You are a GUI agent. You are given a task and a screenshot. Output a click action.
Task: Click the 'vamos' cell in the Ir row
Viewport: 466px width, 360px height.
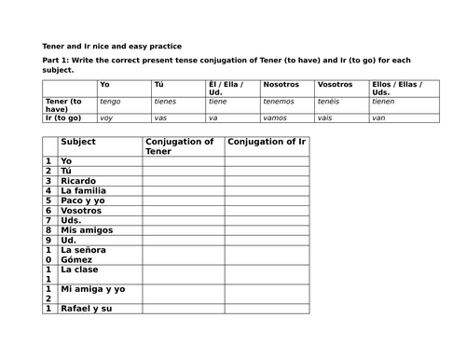pyautogui.click(x=277, y=118)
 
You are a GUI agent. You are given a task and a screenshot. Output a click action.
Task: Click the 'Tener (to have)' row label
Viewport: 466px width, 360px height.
pyautogui.click(x=63, y=104)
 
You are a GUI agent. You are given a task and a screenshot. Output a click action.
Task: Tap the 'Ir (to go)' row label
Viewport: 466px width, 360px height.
pyautogui.click(x=63, y=118)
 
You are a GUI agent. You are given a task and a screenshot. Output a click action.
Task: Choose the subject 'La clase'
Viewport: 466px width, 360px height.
pyautogui.click(x=80, y=270)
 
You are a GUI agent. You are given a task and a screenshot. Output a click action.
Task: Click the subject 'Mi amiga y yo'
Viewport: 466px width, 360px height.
pyautogui.click(x=92, y=289)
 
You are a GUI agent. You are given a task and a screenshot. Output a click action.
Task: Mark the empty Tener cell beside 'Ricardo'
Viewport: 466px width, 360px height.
pyautogui.click(x=183, y=181)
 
